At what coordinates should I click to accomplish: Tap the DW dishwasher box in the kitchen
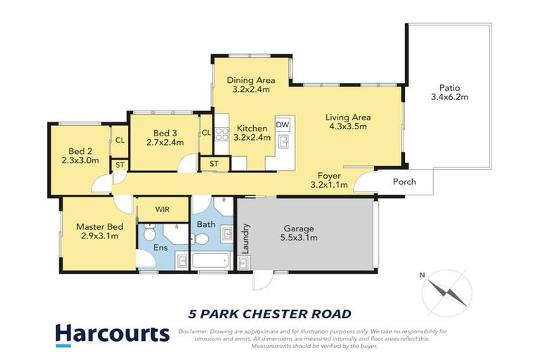pyautogui.click(x=283, y=124)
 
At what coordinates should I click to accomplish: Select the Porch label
pyautogui.click(x=404, y=182)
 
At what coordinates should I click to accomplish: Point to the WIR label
pyautogui.click(x=162, y=210)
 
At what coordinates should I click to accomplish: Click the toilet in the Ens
pyautogui.click(x=149, y=231)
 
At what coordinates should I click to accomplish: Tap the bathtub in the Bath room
pyautogui.click(x=210, y=262)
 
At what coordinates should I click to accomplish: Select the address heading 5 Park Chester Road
pyautogui.click(x=270, y=313)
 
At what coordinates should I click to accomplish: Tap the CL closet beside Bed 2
pyautogui.click(x=120, y=140)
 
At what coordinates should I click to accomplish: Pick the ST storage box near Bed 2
pyautogui.click(x=120, y=165)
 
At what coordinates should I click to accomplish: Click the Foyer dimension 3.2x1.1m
pyautogui.click(x=329, y=185)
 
